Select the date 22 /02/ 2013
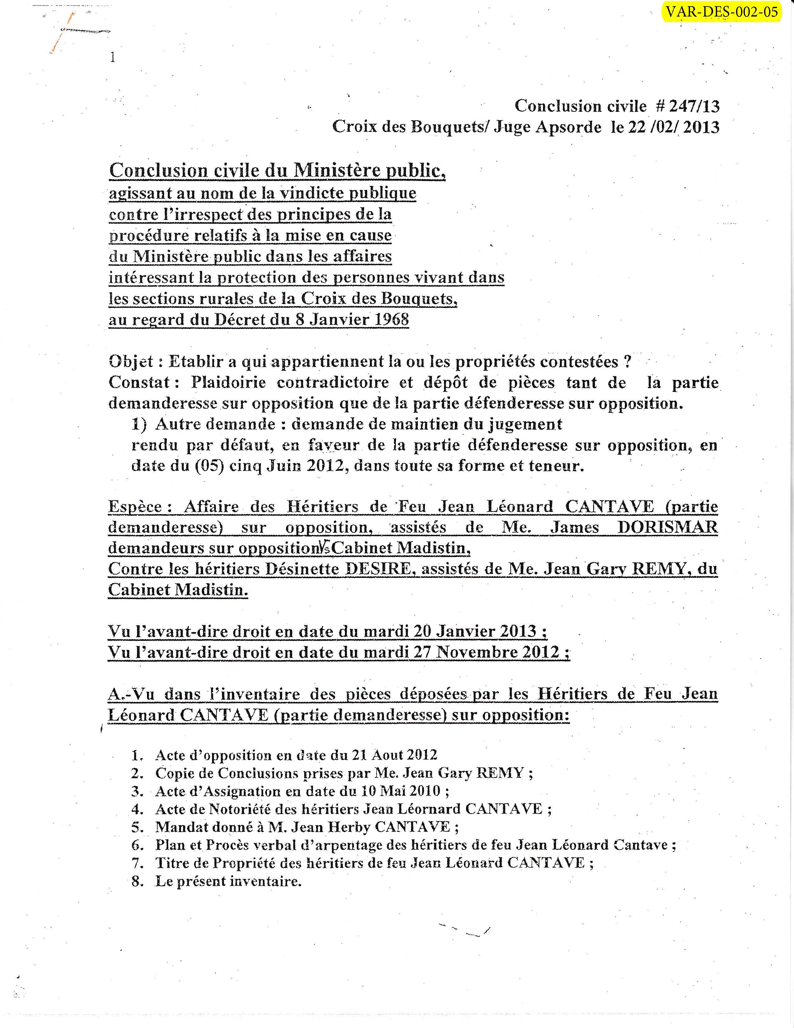tap(673, 127)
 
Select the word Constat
tap(139, 382)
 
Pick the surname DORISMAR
tap(668, 527)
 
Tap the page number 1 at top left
tap(112, 58)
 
